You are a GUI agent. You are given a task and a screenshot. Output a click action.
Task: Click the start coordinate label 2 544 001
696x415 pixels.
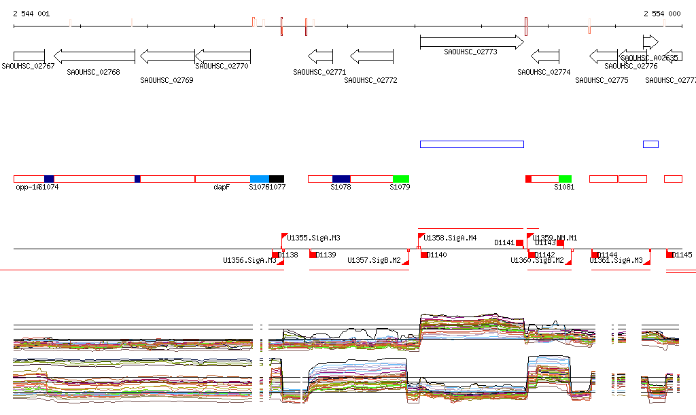(31, 14)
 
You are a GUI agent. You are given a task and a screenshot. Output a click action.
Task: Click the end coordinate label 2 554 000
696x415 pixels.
(662, 14)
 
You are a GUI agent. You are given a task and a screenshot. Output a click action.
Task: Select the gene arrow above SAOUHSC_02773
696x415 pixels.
(472, 42)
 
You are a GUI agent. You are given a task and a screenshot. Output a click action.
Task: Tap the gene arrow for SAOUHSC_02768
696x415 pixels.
(94, 56)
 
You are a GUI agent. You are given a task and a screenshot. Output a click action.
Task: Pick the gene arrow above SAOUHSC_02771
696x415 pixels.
(320, 56)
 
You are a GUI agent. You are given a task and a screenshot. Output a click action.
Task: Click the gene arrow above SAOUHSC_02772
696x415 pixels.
(372, 56)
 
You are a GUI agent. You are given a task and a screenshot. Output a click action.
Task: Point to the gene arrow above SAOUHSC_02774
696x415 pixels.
(544, 56)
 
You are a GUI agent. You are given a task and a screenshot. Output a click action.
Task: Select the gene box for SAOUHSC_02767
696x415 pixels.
(29, 56)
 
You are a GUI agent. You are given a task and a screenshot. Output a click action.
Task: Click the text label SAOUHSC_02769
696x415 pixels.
(167, 80)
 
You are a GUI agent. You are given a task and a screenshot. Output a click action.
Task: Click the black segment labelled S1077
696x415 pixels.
(276, 179)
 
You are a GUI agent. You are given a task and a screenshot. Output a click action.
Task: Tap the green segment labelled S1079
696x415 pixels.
(401, 179)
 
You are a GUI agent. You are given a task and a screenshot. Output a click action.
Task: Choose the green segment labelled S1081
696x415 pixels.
(565, 179)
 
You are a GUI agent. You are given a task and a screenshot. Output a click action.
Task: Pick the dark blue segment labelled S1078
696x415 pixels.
(341, 179)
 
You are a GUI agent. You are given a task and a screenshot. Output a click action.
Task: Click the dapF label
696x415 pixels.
(222, 187)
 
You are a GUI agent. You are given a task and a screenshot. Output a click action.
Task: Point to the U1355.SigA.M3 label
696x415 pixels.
(314, 238)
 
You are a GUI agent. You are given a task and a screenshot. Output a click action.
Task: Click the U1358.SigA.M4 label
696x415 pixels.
(450, 238)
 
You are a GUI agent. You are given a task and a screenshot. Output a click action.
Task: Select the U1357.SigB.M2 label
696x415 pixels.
(374, 260)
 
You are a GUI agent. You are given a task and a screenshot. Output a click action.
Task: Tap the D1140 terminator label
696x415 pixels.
(438, 255)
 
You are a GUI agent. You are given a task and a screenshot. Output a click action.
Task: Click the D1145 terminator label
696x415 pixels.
(683, 255)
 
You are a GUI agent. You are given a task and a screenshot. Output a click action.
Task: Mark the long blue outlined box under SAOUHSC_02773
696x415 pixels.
(472, 144)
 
